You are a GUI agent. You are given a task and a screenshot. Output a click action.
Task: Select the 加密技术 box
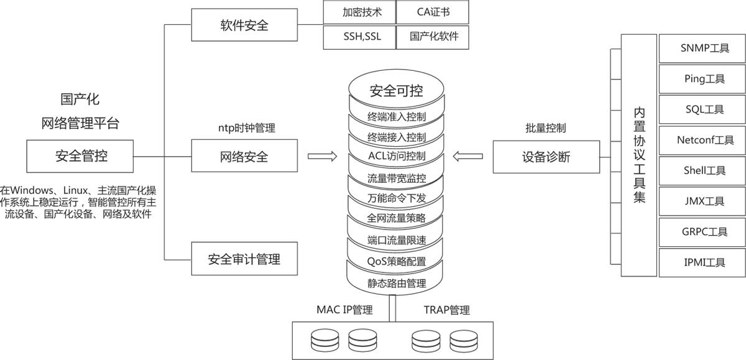tap(360, 12)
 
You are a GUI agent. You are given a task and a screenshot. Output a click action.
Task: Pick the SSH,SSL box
tap(360, 37)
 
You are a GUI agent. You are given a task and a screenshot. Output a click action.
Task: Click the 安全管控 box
tap(80, 155)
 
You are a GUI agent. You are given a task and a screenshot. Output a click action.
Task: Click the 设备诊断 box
tap(546, 157)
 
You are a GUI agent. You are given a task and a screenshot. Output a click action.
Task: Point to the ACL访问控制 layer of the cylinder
tap(397, 155)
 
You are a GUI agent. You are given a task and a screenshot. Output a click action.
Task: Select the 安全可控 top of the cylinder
tap(397, 91)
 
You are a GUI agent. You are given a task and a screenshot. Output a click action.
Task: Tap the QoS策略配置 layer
tap(397, 261)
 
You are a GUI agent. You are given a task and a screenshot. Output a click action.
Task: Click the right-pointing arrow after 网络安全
tap(322, 156)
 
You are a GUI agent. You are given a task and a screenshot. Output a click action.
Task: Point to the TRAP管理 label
tap(446, 310)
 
